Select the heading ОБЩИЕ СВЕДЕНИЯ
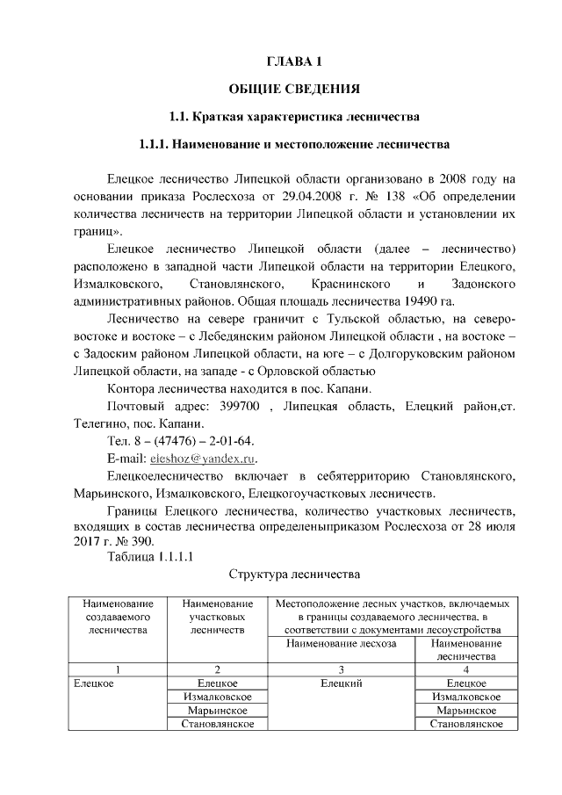coord(294,89)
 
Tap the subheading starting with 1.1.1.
coord(294,142)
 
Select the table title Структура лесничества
coord(294,575)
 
